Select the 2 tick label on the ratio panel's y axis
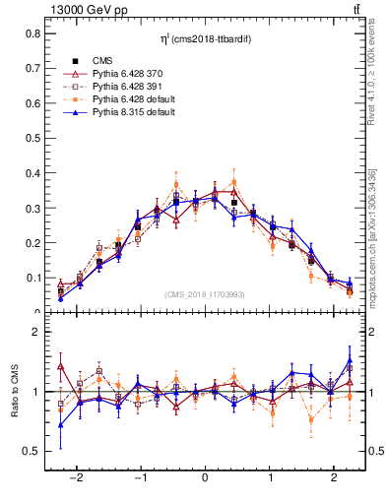(x=38, y=333)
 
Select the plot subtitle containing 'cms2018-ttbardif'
(x=204, y=38)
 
